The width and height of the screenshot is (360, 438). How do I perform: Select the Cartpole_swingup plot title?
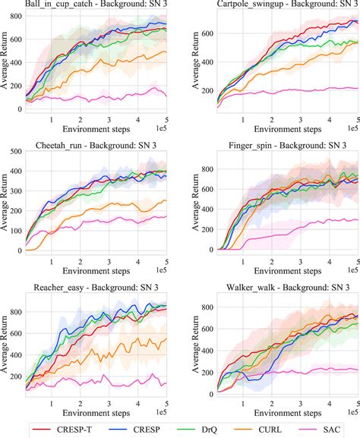pos(276,5)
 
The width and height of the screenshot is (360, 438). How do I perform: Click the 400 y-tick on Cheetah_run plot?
pos(15,172)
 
